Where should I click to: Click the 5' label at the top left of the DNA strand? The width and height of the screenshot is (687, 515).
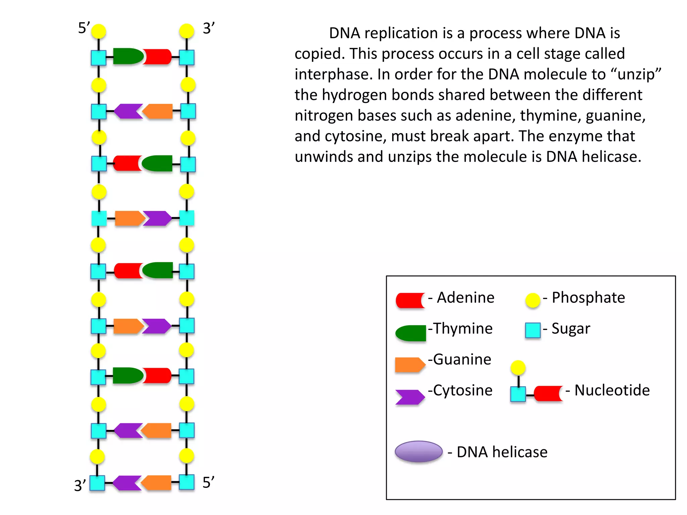tap(84, 28)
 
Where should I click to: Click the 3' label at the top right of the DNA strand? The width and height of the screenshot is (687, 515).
tap(208, 28)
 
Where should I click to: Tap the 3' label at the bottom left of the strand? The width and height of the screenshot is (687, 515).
tap(80, 485)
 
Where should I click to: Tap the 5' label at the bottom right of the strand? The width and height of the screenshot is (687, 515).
tap(208, 482)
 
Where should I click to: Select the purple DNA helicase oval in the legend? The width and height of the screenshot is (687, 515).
tap(419, 451)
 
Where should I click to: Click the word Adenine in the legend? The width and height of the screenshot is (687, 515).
tap(466, 298)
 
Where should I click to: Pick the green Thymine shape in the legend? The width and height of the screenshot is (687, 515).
tap(411, 333)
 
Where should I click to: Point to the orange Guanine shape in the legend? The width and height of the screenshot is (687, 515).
tap(410, 365)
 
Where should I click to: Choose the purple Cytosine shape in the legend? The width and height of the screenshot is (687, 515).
tap(410, 397)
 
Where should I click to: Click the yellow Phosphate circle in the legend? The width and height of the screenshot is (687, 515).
tap(533, 300)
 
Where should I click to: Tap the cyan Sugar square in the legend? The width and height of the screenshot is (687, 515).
tap(533, 330)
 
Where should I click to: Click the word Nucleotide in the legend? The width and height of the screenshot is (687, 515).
tap(612, 390)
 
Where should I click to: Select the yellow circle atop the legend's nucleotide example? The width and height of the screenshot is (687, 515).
tap(518, 368)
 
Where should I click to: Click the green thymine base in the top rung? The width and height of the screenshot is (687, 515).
tap(127, 56)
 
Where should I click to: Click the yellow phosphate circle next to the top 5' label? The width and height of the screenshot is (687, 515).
tap(99, 32)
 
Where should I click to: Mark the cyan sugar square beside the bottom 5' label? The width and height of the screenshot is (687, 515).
tap(187, 482)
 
